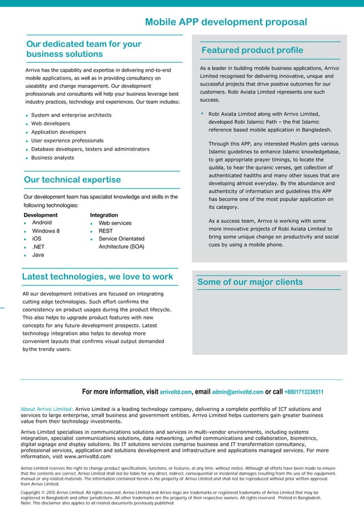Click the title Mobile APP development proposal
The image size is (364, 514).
(226, 22)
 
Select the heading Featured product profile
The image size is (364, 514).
(253, 50)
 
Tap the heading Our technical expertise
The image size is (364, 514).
(72, 180)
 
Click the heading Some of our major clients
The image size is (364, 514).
(250, 282)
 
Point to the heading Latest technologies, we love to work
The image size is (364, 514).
(97, 276)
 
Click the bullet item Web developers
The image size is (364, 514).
(50, 123)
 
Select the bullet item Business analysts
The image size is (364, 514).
(52, 157)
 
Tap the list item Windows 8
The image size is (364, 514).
(46, 231)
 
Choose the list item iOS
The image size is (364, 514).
(37, 239)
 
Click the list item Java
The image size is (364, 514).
(38, 255)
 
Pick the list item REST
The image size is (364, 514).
(106, 231)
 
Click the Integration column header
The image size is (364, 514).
(104, 215)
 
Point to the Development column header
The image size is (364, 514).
(41, 215)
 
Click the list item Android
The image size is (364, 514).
(42, 222)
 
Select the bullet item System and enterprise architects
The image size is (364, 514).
(71, 115)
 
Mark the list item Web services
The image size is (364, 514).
(115, 223)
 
